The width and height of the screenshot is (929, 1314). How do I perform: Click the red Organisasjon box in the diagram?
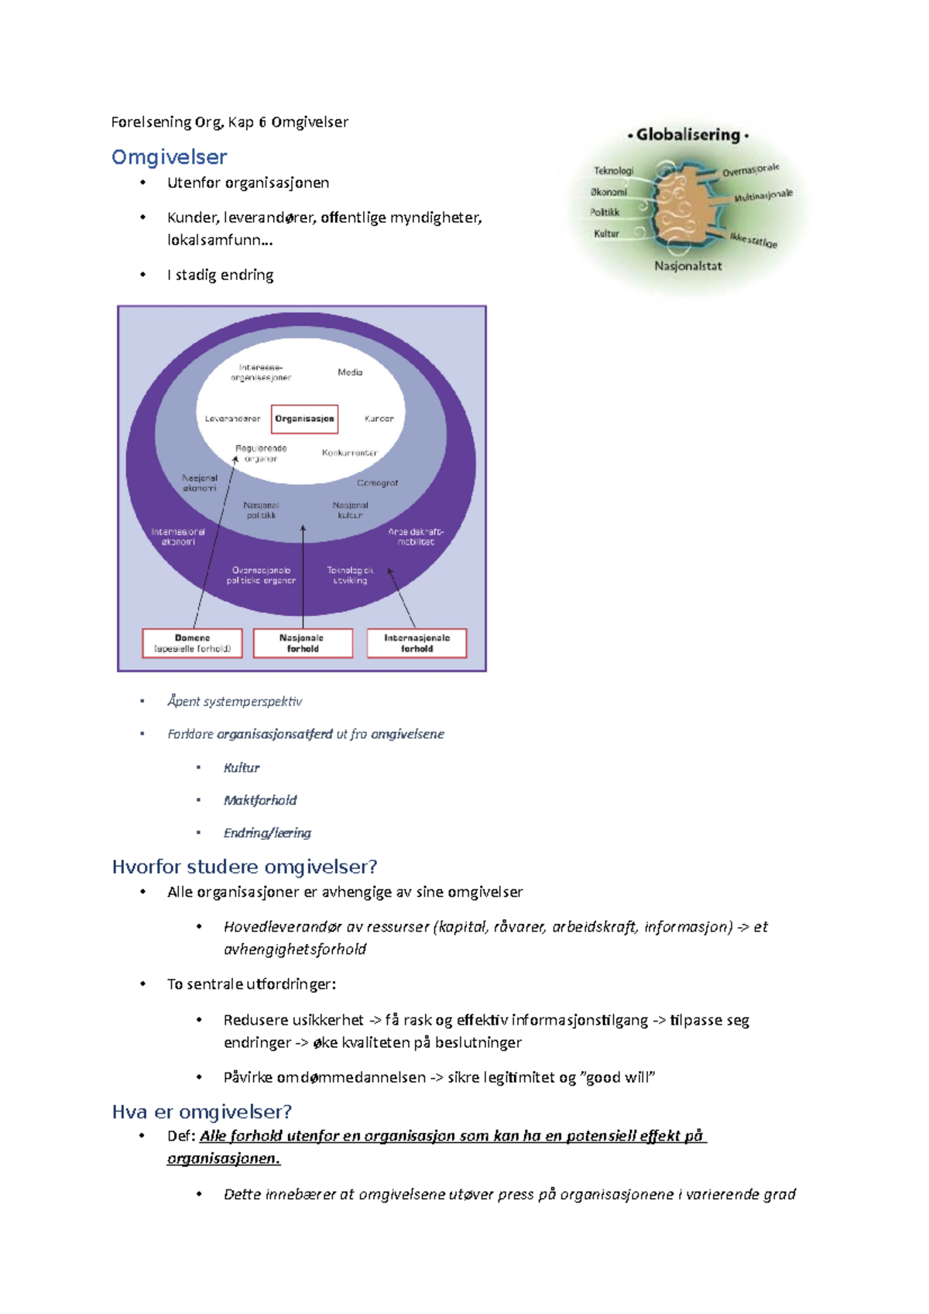[x=304, y=419]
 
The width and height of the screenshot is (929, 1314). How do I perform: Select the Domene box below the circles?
[x=192, y=643]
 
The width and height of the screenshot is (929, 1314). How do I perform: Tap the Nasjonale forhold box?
[x=303, y=643]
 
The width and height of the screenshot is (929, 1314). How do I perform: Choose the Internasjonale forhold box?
[x=417, y=643]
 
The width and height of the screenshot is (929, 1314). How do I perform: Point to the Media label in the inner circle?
[x=350, y=372]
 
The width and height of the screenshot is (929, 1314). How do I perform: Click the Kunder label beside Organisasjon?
[x=379, y=419]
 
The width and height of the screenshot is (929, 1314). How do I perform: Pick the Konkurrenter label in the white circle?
[x=350, y=453]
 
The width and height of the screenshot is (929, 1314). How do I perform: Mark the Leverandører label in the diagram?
[x=232, y=419]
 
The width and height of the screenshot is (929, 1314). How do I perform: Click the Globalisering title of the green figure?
[x=688, y=135]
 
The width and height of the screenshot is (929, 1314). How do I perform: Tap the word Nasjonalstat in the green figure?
[x=687, y=266]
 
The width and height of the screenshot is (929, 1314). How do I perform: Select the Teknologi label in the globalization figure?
[x=613, y=170]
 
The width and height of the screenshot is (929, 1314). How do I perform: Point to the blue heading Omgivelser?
[x=169, y=157]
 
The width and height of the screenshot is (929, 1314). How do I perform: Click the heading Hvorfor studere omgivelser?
[x=244, y=867]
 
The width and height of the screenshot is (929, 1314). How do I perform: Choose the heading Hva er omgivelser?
[x=201, y=1112]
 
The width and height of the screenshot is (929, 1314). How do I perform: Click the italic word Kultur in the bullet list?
[x=242, y=768]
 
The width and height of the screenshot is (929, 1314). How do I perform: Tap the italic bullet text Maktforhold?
[x=260, y=800]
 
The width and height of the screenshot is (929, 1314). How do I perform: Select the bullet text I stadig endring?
[x=221, y=275]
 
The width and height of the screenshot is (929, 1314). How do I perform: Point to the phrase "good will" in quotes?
[x=621, y=1077]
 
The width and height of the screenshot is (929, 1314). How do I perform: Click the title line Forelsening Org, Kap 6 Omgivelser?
[x=230, y=122]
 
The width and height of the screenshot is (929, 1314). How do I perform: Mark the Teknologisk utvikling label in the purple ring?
[x=350, y=575]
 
